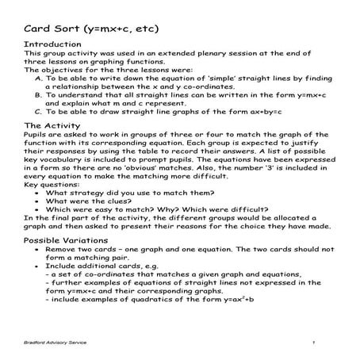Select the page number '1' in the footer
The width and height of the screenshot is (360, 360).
pos(314,341)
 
